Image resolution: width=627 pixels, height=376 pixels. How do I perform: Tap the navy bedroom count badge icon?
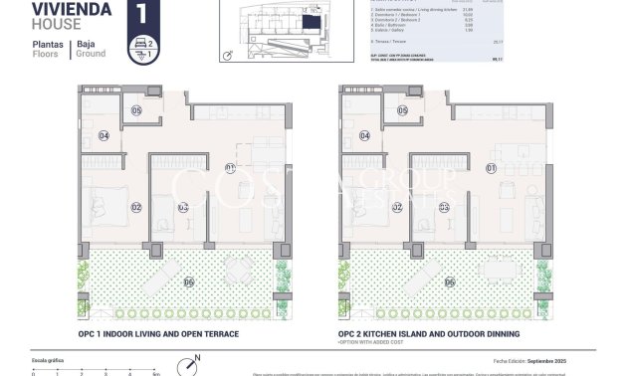pyautogui.click(x=142, y=49)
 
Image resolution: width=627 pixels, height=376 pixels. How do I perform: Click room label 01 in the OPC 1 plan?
pyautogui.click(x=230, y=168)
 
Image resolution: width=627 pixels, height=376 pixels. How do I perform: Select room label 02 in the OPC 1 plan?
pyautogui.click(x=136, y=208)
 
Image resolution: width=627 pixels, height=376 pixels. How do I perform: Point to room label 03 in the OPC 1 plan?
pyautogui.click(x=183, y=208)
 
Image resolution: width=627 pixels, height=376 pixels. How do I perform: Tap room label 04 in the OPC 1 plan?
pyautogui.click(x=104, y=136)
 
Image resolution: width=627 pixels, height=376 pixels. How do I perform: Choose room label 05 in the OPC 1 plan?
pyautogui.click(x=136, y=110)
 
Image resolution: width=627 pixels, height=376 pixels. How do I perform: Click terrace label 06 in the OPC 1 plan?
pyautogui.click(x=189, y=282)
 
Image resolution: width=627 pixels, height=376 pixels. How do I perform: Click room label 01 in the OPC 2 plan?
pyautogui.click(x=491, y=168)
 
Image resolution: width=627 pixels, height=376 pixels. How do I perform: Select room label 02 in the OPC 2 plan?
pyautogui.click(x=397, y=208)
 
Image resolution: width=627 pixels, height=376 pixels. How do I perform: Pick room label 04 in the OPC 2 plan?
pyautogui.click(x=364, y=136)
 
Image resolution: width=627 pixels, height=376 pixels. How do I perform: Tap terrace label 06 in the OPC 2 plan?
pyautogui.click(x=450, y=282)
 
